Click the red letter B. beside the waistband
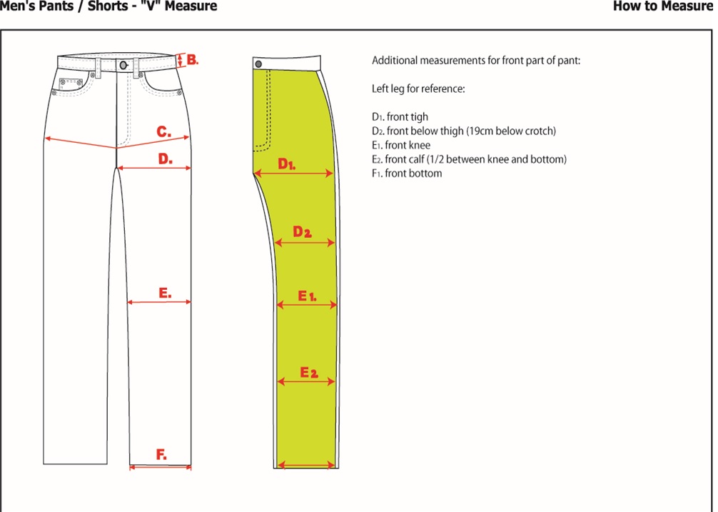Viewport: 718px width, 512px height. click(192, 59)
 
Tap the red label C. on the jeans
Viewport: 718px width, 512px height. click(163, 132)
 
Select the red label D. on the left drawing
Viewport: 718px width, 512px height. click(165, 159)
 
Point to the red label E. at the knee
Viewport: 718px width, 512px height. click(165, 293)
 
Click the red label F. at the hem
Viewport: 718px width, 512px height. click(161, 455)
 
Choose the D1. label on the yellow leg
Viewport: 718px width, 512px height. click(287, 164)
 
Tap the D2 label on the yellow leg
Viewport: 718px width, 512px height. click(303, 232)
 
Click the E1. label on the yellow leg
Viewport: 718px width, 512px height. click(307, 295)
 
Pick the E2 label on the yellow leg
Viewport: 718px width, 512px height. click(308, 373)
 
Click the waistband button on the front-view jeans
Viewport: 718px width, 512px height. click(124, 65)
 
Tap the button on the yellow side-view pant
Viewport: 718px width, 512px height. click(258, 64)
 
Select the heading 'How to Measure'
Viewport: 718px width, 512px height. click(662, 6)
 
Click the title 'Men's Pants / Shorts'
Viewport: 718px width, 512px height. click(69, 6)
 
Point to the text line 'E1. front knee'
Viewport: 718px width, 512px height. click(401, 145)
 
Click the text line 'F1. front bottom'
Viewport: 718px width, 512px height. click(407, 174)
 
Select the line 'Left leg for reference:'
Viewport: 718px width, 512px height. click(418, 89)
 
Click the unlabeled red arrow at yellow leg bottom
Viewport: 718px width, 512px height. click(306, 466)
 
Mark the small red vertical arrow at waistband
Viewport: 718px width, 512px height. click(181, 60)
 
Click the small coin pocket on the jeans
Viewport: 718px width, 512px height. click(70, 83)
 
